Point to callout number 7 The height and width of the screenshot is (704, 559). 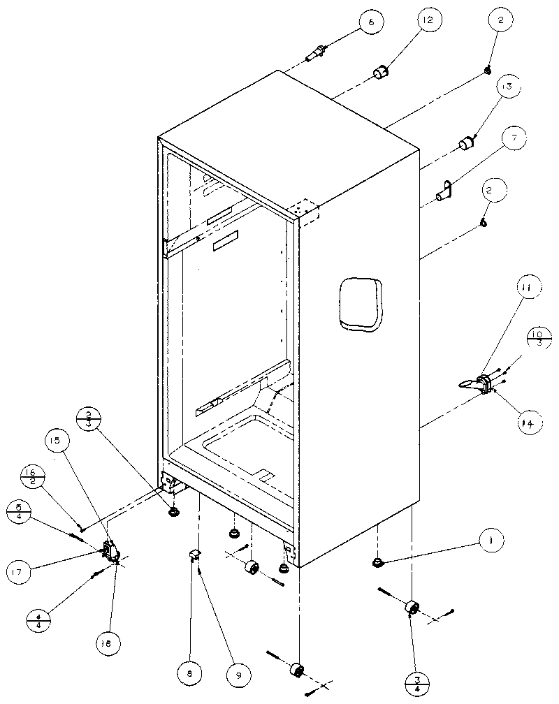click(x=514, y=138)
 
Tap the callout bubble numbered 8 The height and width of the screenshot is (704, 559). click(x=190, y=674)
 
